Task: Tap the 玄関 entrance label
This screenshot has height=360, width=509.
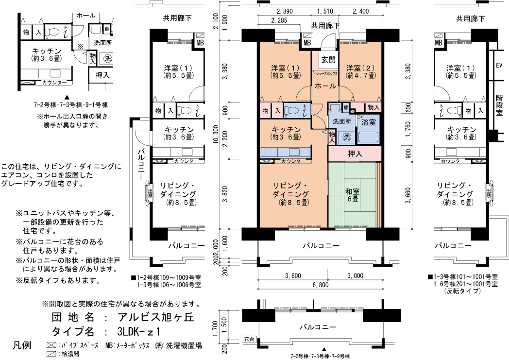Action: click(328, 60)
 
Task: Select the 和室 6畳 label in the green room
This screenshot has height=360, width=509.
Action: click(353, 194)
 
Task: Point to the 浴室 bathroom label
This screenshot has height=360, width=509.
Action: click(369, 122)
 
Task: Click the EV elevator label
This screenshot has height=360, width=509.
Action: click(499, 66)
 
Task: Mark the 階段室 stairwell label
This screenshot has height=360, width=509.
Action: click(499, 105)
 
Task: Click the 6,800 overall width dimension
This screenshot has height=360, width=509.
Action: click(321, 285)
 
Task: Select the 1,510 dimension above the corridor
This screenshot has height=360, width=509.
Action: click(325, 11)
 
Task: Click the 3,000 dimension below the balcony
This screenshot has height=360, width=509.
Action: click(355, 276)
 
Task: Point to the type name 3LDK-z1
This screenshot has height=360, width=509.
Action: click(139, 332)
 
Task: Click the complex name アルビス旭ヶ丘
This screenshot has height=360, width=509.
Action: click(156, 317)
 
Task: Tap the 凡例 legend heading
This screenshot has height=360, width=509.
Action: click(22, 345)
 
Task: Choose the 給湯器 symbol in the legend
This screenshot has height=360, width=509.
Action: click(51, 354)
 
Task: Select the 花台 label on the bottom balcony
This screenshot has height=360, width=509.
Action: click(249, 339)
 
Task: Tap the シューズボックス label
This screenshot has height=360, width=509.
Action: click(325, 74)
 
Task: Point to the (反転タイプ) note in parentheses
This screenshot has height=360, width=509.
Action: click(462, 291)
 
